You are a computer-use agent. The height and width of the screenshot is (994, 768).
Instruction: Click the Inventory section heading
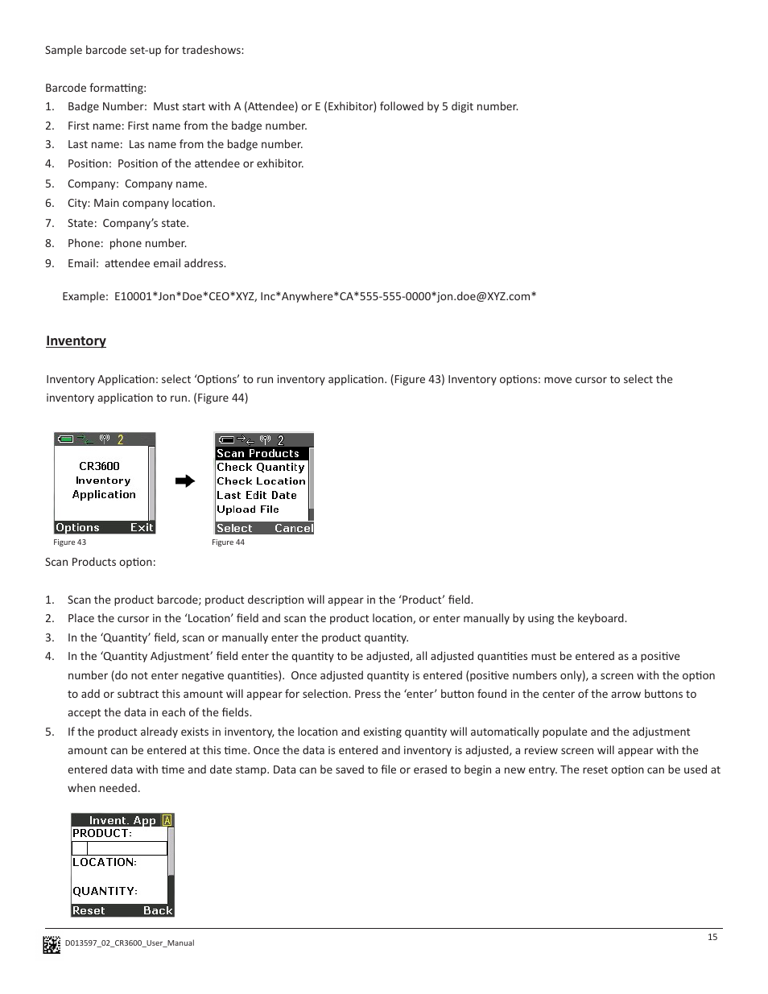(x=76, y=341)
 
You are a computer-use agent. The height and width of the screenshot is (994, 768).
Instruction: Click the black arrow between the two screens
(x=185, y=481)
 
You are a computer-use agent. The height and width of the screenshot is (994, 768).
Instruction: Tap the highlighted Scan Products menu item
(x=258, y=454)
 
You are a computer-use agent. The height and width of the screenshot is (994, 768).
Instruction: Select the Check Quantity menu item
(x=260, y=468)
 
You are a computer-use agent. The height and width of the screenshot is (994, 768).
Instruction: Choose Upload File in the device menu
(x=247, y=509)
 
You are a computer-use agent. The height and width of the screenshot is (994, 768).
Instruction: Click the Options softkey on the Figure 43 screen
(x=77, y=528)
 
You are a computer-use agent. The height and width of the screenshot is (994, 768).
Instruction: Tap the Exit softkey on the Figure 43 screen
(x=142, y=528)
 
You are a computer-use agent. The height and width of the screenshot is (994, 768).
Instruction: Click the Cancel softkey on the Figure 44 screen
(x=293, y=529)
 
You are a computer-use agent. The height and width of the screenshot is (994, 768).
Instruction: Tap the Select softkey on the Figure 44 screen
(x=234, y=529)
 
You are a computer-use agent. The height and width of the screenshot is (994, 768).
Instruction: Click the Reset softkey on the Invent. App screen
(x=89, y=911)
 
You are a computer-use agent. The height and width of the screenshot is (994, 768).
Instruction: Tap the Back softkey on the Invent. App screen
(x=158, y=911)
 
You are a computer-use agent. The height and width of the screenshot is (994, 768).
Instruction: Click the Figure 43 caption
(x=69, y=542)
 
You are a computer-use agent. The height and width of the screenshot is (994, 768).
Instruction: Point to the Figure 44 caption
(x=228, y=542)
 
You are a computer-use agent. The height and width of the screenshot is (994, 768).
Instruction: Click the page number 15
(x=712, y=937)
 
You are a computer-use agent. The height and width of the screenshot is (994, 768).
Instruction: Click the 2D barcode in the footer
(x=52, y=944)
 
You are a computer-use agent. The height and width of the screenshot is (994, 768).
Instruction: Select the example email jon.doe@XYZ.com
(x=484, y=296)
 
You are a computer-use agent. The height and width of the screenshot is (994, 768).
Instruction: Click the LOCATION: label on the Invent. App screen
(x=104, y=863)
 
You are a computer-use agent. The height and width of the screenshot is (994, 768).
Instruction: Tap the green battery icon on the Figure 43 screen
(x=66, y=439)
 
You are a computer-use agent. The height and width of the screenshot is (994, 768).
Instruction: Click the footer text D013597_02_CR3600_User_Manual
(x=130, y=943)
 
